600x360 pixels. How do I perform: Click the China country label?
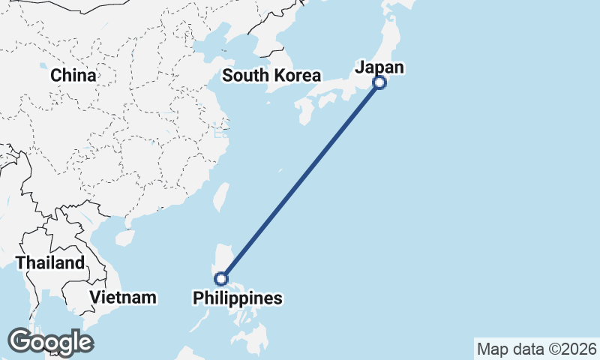pyautogui.click(x=73, y=76)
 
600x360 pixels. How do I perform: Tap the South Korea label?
pyautogui.click(x=271, y=76)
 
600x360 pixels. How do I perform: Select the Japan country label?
pyautogui.click(x=379, y=67)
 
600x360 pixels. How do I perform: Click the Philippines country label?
pyautogui.click(x=238, y=298)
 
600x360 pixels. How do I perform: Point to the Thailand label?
pyautogui.click(x=50, y=263)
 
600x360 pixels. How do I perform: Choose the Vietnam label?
pyautogui.click(x=123, y=297)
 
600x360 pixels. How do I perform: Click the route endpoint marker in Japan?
pyautogui.click(x=379, y=82)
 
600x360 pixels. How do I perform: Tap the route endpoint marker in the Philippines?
pyautogui.click(x=220, y=279)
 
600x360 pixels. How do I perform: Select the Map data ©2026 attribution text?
pyautogui.click(x=536, y=349)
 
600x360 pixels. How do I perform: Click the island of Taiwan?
pyautogui.click(x=221, y=197)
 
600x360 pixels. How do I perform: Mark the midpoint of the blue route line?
pyautogui.click(x=300, y=181)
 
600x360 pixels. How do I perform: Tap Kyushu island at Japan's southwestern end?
pyautogui.click(x=305, y=111)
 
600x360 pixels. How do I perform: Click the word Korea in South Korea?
pyautogui.click(x=298, y=76)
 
